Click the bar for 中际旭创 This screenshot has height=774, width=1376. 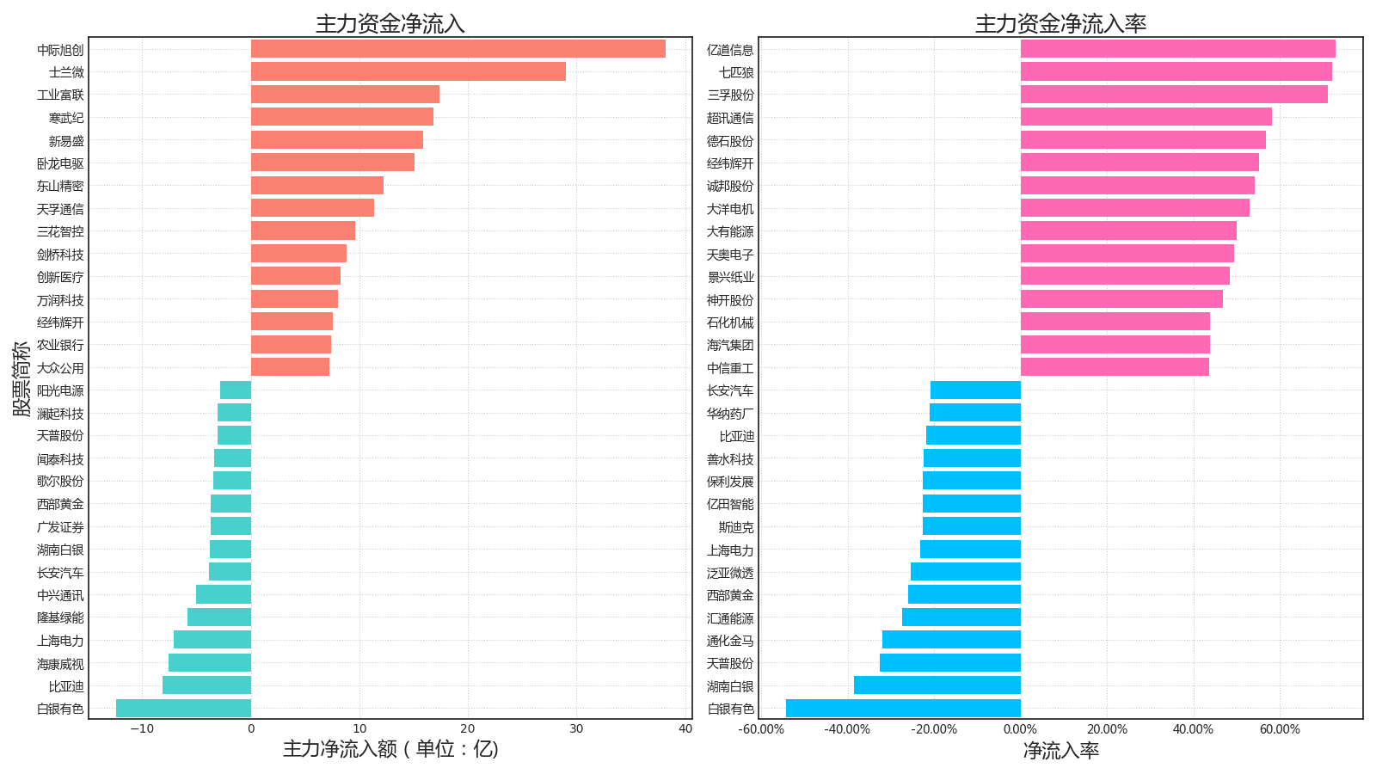(x=458, y=49)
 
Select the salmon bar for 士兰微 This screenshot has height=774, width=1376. (x=408, y=71)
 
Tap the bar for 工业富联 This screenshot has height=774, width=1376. (x=345, y=95)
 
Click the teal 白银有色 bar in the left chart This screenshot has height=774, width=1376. (x=183, y=708)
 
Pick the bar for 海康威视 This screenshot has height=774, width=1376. (x=210, y=663)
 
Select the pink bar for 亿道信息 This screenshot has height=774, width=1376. (x=1177, y=49)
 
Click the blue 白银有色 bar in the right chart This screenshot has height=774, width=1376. (x=903, y=708)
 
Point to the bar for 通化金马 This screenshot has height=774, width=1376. (x=951, y=640)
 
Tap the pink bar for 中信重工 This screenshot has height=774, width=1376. (x=1115, y=367)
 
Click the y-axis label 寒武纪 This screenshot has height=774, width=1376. (x=66, y=118)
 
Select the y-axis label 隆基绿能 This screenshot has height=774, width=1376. (x=60, y=617)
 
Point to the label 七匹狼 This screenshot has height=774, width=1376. (x=736, y=72)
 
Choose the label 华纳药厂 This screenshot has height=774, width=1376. (x=730, y=414)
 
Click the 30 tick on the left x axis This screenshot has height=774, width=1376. (x=576, y=729)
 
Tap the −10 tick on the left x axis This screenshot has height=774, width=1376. (x=142, y=729)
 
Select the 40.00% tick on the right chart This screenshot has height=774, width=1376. (x=1193, y=729)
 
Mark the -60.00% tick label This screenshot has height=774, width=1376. (x=761, y=729)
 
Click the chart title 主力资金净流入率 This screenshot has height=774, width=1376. (x=1060, y=24)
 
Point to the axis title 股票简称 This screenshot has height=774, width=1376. (x=21, y=378)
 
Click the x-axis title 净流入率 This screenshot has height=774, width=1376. (x=1060, y=751)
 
